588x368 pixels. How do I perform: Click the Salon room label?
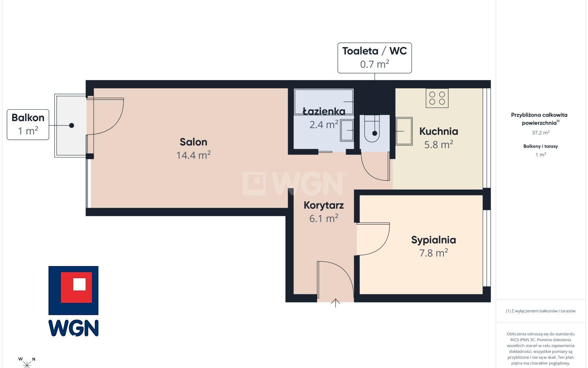point(193,142)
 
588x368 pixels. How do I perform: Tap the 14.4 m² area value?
point(193,155)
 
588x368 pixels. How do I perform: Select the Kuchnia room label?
point(439,131)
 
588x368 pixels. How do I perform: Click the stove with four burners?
point(437,98)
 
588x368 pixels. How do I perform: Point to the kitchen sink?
point(404,131)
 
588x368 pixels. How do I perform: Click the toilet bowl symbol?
point(372,128)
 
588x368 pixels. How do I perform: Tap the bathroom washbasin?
point(347,130)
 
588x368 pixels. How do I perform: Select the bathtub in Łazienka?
point(324,102)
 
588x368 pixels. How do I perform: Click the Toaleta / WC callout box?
point(374,58)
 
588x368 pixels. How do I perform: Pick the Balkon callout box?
point(28,125)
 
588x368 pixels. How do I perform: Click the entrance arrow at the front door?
point(335,303)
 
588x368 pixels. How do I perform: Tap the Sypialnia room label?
point(433,240)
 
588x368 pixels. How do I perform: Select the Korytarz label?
point(324,205)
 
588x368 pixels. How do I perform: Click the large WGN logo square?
point(73,290)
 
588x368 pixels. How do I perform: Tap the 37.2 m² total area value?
point(541,132)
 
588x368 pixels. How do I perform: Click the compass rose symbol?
point(26,363)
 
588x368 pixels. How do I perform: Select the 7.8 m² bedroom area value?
point(433,253)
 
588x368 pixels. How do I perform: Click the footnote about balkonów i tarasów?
point(541,311)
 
